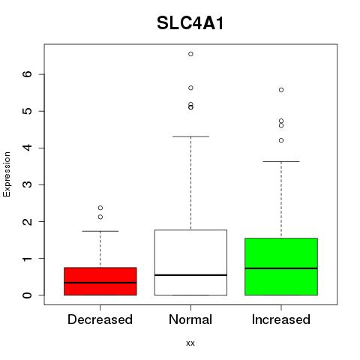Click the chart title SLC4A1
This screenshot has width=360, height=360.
click(190, 23)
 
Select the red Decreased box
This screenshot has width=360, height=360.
click(100, 281)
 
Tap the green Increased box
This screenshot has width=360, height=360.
click(281, 266)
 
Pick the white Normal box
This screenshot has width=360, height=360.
click(190, 262)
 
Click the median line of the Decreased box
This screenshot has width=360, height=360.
click(100, 283)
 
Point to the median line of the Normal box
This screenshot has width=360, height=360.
click(190, 275)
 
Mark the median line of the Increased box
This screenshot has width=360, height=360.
click(281, 268)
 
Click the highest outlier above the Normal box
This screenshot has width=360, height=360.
click(190, 54)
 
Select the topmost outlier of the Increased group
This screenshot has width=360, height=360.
click(281, 90)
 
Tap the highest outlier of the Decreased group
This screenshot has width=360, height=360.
click(100, 208)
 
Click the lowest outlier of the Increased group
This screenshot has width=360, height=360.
click(281, 140)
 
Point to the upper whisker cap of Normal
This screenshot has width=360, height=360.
click(190, 136)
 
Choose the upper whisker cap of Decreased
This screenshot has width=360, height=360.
click(100, 231)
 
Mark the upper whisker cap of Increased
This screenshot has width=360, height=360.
click(281, 161)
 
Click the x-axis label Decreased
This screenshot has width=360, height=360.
click(100, 319)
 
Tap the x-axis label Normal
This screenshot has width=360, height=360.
click(190, 319)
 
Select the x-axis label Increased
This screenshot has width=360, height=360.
click(281, 319)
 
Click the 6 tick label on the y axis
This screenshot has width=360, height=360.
click(27, 74)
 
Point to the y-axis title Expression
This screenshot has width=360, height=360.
click(7, 174)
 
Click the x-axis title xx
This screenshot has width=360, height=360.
click(190, 343)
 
